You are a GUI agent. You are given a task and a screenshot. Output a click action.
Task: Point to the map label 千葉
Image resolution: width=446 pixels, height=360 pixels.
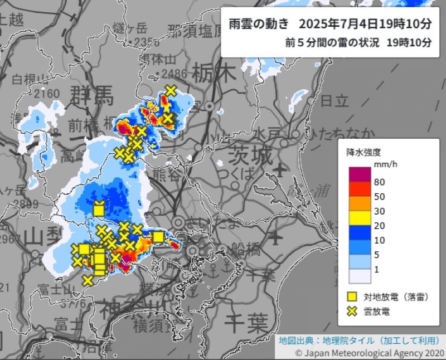[245, 323]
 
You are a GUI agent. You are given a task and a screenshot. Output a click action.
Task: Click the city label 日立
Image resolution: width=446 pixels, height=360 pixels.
[335, 101]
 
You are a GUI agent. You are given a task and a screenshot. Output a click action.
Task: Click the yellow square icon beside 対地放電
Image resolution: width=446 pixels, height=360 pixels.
[352, 297]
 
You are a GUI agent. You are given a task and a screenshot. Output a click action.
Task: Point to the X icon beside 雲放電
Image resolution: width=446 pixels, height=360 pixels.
[352, 312]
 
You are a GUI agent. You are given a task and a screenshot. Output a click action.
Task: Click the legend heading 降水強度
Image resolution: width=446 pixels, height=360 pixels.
[363, 152]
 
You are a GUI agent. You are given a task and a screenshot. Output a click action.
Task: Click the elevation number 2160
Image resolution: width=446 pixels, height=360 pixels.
[46, 93]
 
